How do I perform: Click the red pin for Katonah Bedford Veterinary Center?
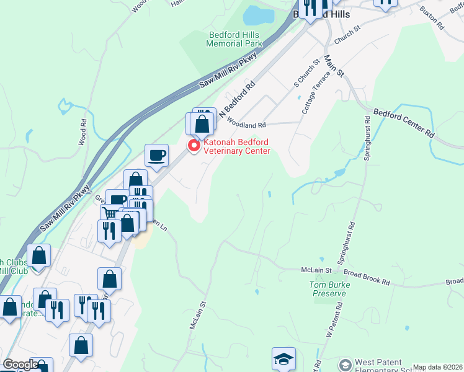coord(194,146)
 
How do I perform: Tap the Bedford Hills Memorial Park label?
coord(234,39)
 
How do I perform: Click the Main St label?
coord(334,65)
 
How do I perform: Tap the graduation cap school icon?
coord(283,359)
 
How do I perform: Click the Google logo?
coord(20,365)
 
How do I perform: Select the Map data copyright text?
coord(437,367)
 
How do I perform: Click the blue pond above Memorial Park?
coord(256,15)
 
